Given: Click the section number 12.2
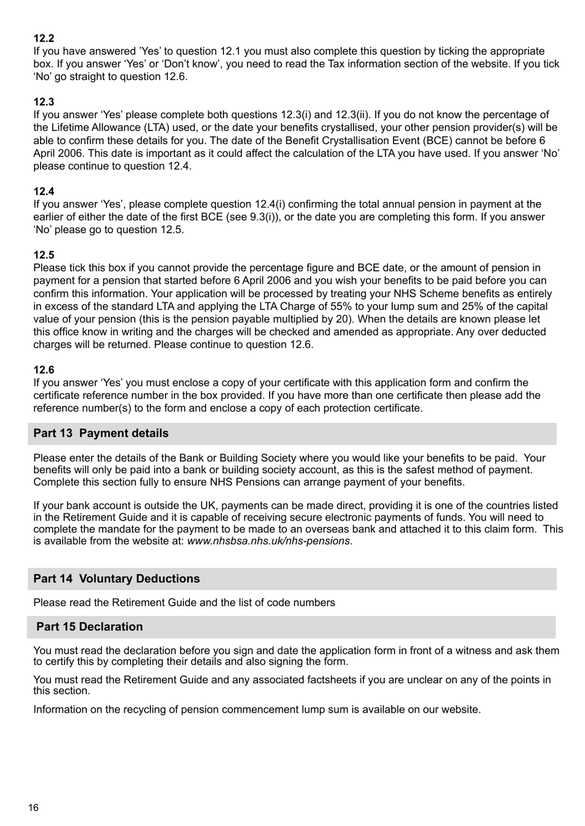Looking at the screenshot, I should (44, 38).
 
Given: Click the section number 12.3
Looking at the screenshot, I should (44, 102).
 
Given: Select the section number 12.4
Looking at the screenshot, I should (44, 191).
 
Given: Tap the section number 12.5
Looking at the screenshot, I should (44, 255).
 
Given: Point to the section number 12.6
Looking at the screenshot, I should (44, 370).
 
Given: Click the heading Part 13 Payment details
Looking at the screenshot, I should (101, 433).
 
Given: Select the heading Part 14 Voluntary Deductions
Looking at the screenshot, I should (116, 579).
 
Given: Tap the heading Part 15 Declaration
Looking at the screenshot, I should (89, 627).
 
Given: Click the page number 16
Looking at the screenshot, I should (33, 808).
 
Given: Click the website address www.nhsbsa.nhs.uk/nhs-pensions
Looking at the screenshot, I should (268, 542).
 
